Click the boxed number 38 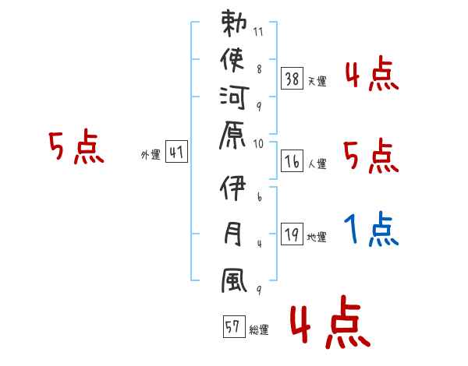tap(292, 78)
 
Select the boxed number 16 tap(292, 162)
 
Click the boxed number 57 tap(232, 327)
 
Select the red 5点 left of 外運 tap(76, 147)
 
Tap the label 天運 tap(317, 81)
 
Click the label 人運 tap(317, 164)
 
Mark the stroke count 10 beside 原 tap(259, 144)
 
